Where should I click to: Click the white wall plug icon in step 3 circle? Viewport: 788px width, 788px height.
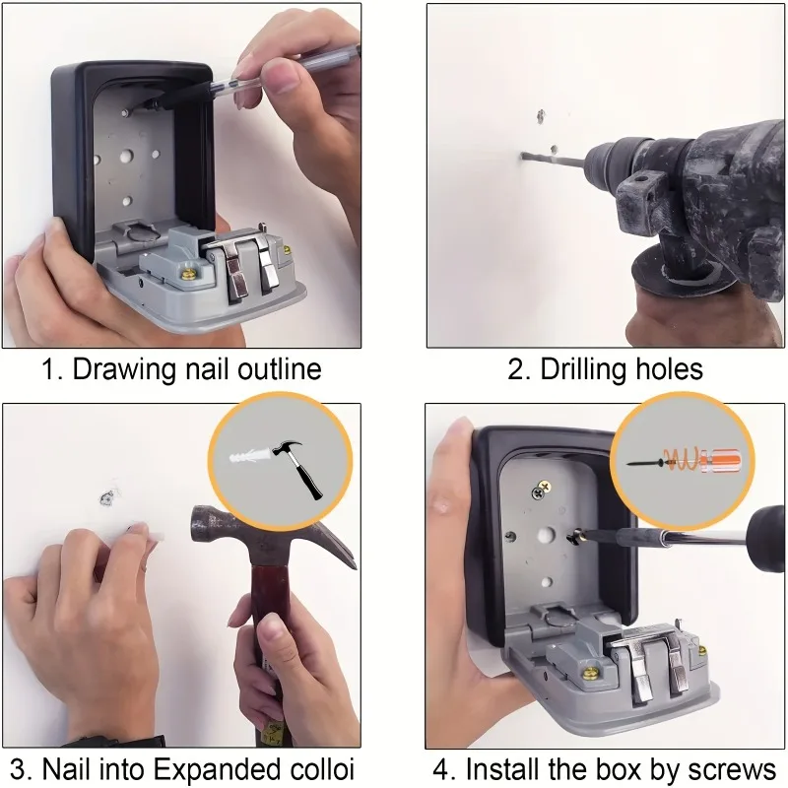[246, 458]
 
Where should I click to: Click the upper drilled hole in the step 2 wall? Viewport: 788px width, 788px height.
[542, 116]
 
